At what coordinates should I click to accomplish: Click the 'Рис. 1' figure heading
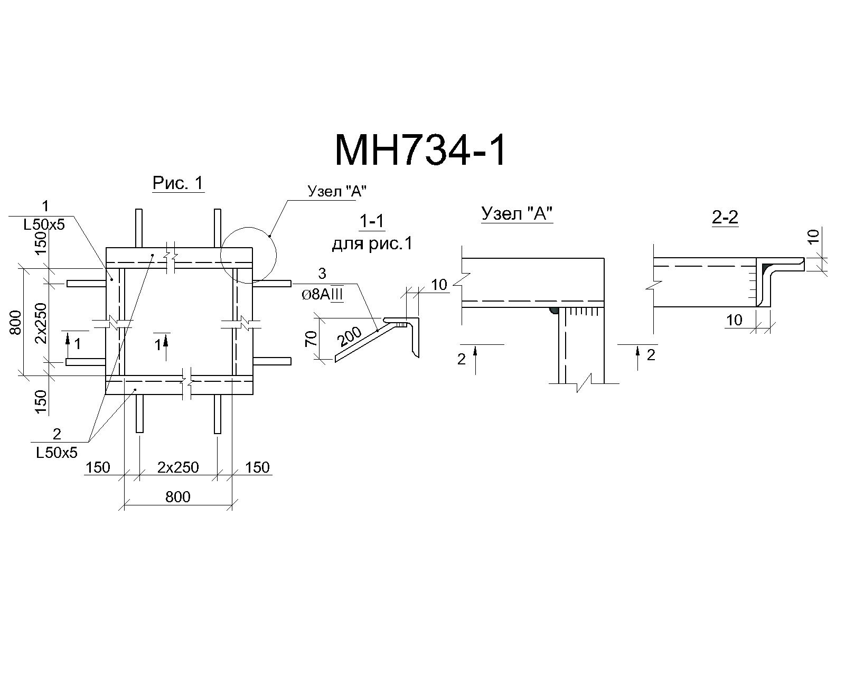(179, 183)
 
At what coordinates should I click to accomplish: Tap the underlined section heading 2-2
(725, 217)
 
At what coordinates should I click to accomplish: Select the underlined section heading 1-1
(372, 222)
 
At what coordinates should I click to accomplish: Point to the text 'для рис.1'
(372, 244)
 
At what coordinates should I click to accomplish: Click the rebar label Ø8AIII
(322, 295)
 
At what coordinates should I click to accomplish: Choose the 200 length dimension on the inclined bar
(351, 336)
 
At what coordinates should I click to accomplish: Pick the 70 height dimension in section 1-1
(311, 338)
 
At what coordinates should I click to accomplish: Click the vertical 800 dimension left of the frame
(15, 322)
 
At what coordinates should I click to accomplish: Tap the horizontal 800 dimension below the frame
(178, 497)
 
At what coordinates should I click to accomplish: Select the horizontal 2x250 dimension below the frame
(179, 467)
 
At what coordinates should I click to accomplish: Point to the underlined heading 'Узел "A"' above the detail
(517, 214)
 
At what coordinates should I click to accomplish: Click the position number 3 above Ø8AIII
(322, 274)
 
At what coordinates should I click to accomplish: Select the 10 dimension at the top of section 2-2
(814, 236)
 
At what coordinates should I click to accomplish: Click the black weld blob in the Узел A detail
(553, 311)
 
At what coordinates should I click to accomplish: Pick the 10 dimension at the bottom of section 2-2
(734, 320)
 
